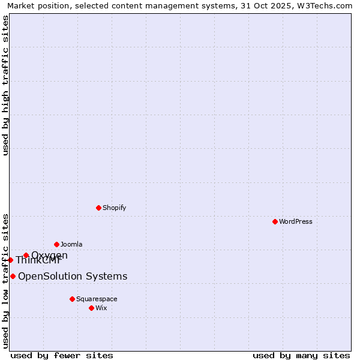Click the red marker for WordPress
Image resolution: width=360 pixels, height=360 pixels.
pyautogui.click(x=275, y=221)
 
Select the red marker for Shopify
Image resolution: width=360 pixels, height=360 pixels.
pyautogui.click(x=98, y=208)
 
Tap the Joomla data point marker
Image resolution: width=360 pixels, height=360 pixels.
pyautogui.click(x=56, y=244)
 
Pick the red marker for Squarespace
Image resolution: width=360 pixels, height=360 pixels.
pyautogui.click(x=72, y=299)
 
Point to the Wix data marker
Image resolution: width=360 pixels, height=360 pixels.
pyautogui.click(x=91, y=308)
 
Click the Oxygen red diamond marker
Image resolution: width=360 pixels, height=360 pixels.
pyautogui.click(x=26, y=256)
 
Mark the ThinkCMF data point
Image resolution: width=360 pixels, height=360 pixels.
pyautogui.click(x=10, y=260)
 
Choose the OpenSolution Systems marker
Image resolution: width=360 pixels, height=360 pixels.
pyautogui.click(x=13, y=276)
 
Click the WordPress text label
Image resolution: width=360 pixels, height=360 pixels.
pyautogui.click(x=296, y=221)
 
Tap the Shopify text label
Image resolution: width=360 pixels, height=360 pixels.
pyautogui.click(x=114, y=208)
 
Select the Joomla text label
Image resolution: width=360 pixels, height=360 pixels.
pyautogui.click(x=71, y=244)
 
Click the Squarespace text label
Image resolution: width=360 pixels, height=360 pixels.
pyautogui.click(x=97, y=299)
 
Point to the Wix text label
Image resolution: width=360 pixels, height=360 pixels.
pyautogui.click(x=101, y=308)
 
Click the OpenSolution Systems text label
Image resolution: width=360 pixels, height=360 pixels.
pyautogui.click(x=73, y=276)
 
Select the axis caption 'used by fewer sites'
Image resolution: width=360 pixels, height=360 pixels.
pyautogui.click(x=62, y=355)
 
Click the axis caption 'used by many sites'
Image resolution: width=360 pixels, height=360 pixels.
pyautogui.click(x=301, y=355)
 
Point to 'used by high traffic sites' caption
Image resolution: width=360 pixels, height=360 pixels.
pyautogui.click(x=5, y=85)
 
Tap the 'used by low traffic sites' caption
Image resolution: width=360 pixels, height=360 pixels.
pyautogui.click(x=5, y=281)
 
